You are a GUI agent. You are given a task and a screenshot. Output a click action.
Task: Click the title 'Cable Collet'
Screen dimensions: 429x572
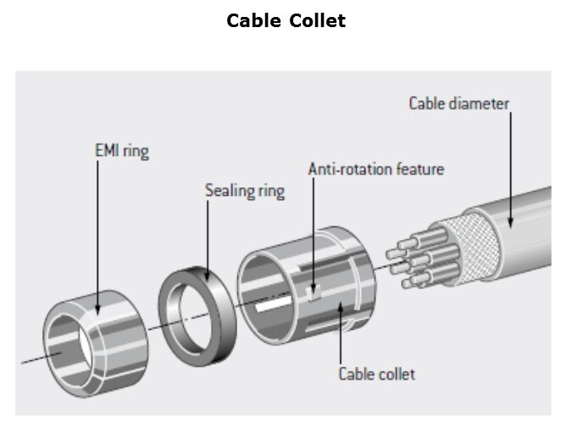[286, 21]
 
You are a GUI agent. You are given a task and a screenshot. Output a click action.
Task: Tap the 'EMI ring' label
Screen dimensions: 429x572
[122, 153]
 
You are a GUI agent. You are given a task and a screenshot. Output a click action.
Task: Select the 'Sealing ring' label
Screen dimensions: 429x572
[244, 190]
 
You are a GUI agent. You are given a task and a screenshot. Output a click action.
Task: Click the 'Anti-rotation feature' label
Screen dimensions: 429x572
[375, 169]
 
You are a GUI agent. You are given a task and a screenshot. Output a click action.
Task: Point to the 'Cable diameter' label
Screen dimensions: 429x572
[458, 103]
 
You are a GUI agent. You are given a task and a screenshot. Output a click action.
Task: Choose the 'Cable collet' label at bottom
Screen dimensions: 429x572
[377, 373]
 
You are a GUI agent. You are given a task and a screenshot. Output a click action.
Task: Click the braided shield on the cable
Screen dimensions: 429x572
[462, 241]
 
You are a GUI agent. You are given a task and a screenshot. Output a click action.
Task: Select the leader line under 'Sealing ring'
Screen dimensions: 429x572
[210, 237]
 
